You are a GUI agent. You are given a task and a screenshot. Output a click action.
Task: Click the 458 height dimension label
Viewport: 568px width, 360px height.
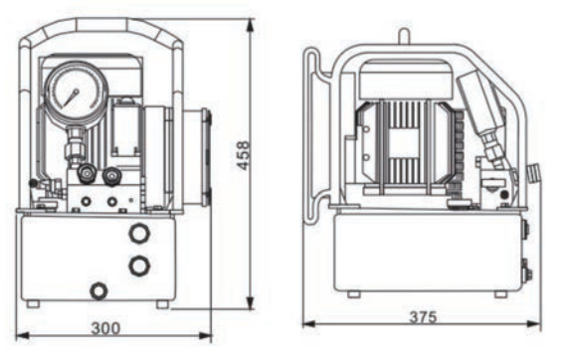click(x=243, y=155)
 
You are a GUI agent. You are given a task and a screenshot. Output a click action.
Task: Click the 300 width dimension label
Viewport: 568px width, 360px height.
click(x=105, y=328)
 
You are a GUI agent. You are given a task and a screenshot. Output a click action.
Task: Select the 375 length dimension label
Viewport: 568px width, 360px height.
click(x=423, y=317)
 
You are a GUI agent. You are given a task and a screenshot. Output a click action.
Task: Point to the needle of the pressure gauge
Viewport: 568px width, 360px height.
click(x=71, y=97)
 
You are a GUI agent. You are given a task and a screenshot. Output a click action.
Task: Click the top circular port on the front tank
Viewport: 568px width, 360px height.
click(x=139, y=233)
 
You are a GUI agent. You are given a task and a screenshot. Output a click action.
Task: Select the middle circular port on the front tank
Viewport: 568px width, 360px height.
click(x=139, y=266)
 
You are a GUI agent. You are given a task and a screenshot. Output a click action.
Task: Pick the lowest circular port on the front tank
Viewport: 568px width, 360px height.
click(x=98, y=290)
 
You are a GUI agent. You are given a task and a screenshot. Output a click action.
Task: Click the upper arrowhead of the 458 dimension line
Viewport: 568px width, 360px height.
click(x=250, y=25)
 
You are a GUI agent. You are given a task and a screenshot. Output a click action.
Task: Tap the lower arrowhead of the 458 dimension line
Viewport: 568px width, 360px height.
click(x=250, y=302)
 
